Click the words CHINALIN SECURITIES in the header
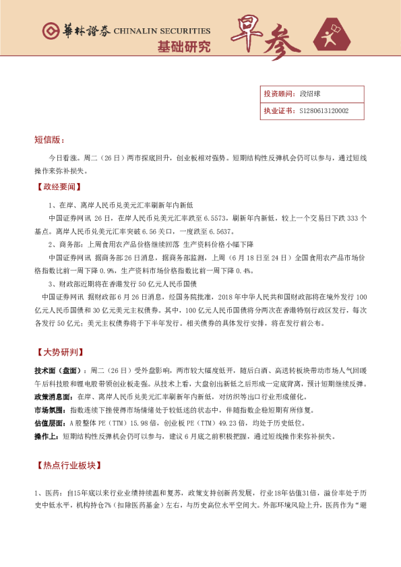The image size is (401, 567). (x=162, y=31)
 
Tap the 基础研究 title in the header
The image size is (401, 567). (x=183, y=47)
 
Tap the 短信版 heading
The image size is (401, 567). (x=49, y=140)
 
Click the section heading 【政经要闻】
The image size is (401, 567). (x=59, y=186)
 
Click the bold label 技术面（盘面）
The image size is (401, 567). (x=60, y=371)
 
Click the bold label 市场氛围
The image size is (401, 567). (x=50, y=409)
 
